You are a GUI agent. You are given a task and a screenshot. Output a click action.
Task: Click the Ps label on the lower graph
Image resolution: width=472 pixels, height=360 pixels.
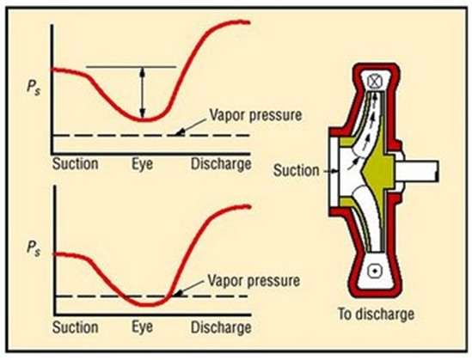pyautogui.click(x=34, y=248)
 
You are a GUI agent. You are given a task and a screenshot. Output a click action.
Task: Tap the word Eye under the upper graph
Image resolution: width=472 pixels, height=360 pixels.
pyautogui.click(x=142, y=165)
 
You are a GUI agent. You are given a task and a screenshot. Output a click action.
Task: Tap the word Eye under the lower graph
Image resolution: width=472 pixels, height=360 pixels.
pyautogui.click(x=142, y=326)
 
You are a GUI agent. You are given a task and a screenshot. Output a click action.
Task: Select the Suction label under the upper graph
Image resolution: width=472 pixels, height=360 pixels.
pyautogui.click(x=76, y=164)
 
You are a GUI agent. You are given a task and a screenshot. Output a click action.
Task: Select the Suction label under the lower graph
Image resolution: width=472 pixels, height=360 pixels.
pyautogui.click(x=76, y=326)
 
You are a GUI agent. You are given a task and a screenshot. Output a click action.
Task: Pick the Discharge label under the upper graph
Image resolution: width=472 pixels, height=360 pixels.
pyautogui.click(x=221, y=164)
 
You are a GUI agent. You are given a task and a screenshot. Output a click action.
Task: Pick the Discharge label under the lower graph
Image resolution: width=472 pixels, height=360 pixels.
pyautogui.click(x=221, y=327)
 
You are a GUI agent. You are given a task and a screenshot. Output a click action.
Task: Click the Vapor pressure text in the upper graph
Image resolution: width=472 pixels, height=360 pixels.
pyautogui.click(x=255, y=115)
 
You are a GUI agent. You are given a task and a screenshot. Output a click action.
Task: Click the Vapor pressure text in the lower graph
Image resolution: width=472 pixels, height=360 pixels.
pyautogui.click(x=254, y=281)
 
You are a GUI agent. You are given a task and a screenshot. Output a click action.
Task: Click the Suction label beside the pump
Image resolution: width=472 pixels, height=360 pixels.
pyautogui.click(x=296, y=170)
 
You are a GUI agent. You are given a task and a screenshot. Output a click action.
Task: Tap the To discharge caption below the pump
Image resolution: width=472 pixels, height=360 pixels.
pyautogui.click(x=376, y=314)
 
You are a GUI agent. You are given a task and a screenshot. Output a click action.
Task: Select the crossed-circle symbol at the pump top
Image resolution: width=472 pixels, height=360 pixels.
pyautogui.click(x=375, y=82)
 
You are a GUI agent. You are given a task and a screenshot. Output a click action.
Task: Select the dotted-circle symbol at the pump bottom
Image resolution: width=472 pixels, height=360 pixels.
pyautogui.click(x=375, y=271)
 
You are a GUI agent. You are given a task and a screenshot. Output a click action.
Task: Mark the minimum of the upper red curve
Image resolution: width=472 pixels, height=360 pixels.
pyautogui.click(x=144, y=119)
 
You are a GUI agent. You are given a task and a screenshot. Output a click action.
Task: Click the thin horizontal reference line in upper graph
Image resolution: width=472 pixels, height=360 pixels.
pyautogui.click(x=131, y=67)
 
